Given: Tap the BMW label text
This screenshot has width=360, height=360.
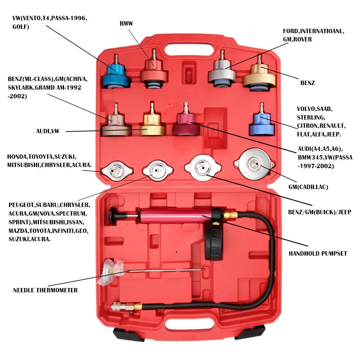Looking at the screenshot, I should (126, 24).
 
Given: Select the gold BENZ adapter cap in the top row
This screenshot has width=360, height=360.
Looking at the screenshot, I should (259, 76).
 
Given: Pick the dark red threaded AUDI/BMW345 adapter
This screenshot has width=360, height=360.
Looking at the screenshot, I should (186, 124).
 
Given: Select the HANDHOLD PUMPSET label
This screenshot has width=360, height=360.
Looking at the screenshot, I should (318, 253).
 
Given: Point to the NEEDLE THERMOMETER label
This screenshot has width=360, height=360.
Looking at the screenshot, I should (45, 290).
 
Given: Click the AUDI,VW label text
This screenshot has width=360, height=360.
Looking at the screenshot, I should (48, 131).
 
